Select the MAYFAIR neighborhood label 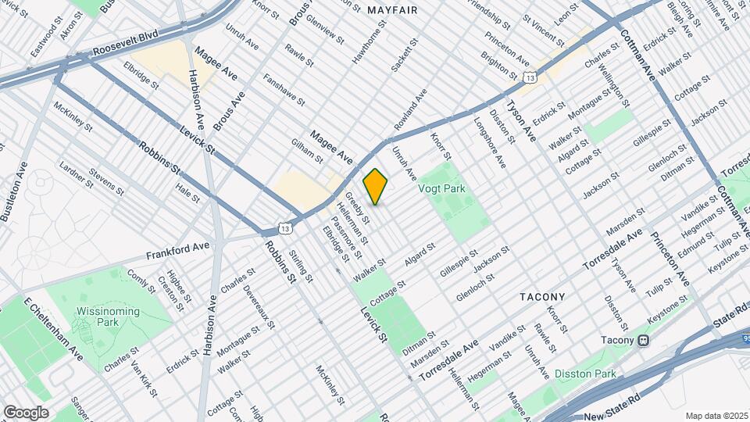tap(391, 10)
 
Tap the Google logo tap(26, 412)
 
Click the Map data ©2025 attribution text tap(716, 415)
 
